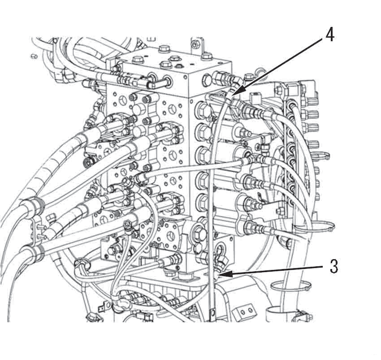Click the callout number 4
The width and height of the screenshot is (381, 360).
point(329,35)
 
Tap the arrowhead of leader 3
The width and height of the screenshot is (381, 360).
point(221,274)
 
